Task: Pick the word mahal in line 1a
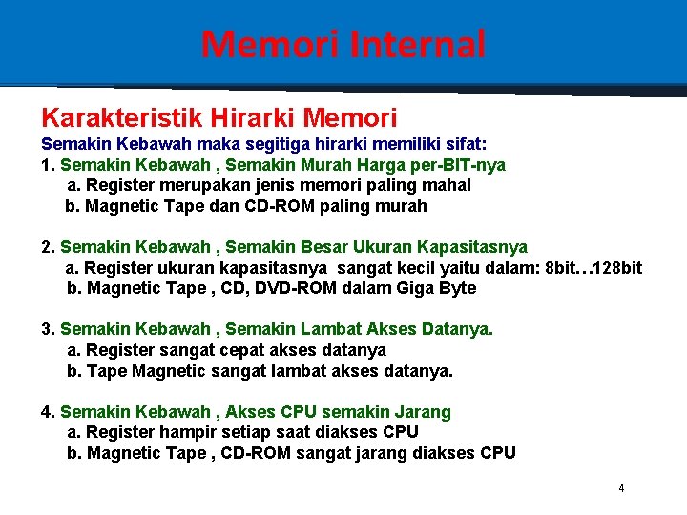tap(448, 186)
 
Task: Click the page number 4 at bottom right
tap(621, 489)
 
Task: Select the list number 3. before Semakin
tap(48, 329)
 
